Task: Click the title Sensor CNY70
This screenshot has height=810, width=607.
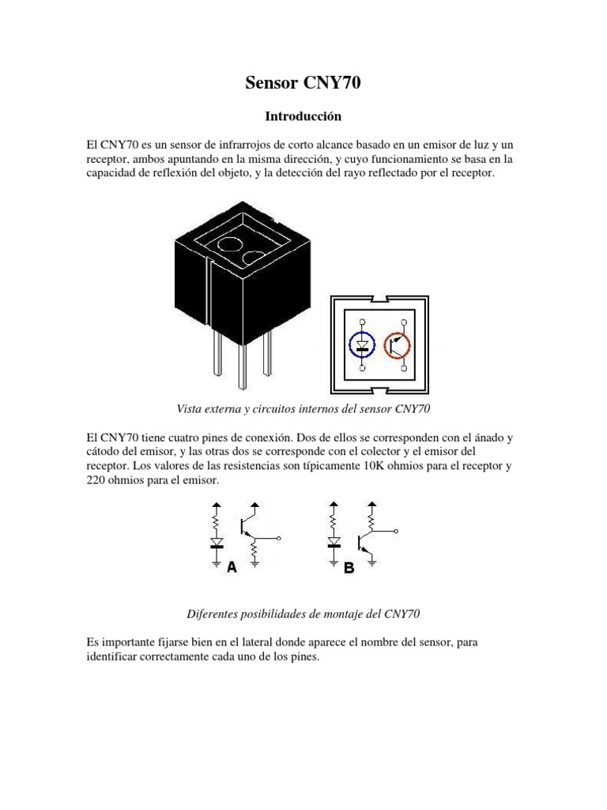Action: tap(303, 85)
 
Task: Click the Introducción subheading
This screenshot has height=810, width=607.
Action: tap(303, 116)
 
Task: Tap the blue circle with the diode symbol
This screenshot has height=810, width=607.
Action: tap(363, 345)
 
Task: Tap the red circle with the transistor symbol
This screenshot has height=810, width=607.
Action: tap(398, 345)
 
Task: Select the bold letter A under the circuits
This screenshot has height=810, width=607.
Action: tap(232, 567)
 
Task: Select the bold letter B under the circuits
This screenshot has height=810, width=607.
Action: tap(349, 567)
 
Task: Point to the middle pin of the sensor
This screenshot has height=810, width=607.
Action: tap(243, 367)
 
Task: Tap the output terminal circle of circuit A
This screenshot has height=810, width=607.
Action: tap(279, 538)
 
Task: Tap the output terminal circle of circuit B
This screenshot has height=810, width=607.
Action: tap(396, 531)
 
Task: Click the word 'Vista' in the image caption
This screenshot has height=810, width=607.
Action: tap(187, 409)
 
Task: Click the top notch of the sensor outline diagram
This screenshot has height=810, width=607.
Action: tap(380, 299)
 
